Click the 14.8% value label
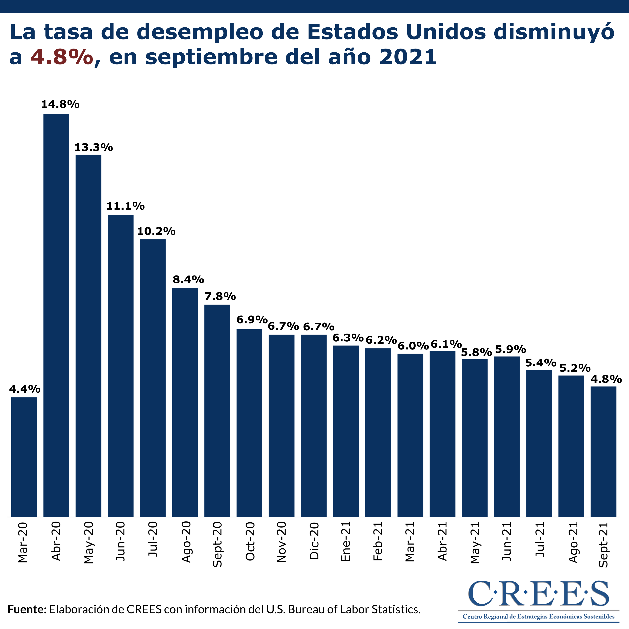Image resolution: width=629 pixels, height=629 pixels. click(x=60, y=105)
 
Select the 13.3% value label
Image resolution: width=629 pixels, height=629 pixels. click(x=94, y=148)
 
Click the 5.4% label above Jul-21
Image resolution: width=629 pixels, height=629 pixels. click(x=541, y=362)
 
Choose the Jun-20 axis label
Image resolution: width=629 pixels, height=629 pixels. click(x=121, y=541)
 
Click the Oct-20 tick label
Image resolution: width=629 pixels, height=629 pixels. click(x=250, y=541)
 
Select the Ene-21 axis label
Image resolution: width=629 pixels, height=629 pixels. click(x=346, y=541)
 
